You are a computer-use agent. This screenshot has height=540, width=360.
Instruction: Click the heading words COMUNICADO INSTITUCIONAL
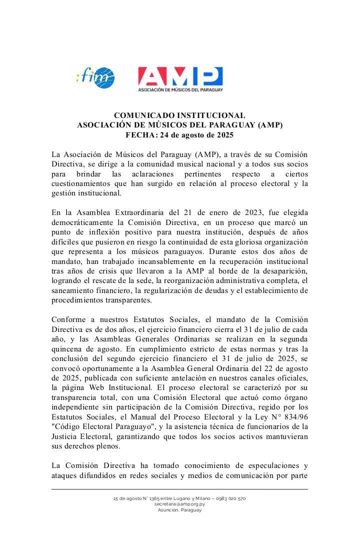(179, 115)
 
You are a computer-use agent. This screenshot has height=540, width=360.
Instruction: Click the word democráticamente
(82, 221)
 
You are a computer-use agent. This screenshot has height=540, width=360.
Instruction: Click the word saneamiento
(74, 290)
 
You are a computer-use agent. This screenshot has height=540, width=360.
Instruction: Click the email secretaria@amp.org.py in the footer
(179, 504)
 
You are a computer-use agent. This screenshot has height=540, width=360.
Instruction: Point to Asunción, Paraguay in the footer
(179, 509)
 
